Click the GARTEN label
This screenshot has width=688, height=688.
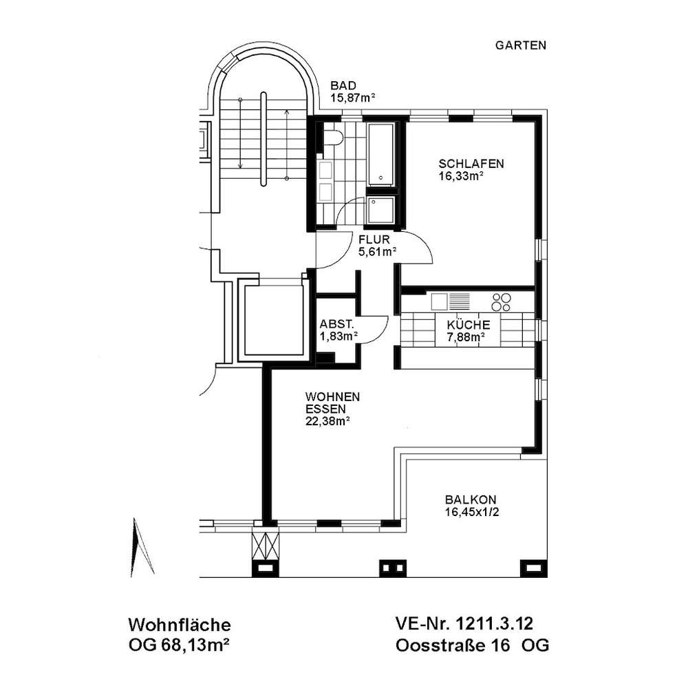click(520, 45)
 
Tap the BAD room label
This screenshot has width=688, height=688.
click(343, 85)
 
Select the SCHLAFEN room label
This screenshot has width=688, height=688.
click(471, 164)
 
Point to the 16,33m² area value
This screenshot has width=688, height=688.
click(461, 176)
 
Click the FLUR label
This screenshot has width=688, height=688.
click(374, 239)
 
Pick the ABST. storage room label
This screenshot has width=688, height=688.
click(336, 324)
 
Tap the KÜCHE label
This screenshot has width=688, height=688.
click(468, 325)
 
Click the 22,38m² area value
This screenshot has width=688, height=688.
click(327, 422)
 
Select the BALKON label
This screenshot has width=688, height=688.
click(471, 499)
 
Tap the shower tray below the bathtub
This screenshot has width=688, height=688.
click(381, 210)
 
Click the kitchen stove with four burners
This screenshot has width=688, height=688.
click(502, 302)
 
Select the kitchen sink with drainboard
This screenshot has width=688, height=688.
click(450, 301)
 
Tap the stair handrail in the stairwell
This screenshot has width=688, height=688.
click(264, 139)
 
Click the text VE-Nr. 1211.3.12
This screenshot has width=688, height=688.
click(464, 623)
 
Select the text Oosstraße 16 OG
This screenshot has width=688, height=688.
click(472, 645)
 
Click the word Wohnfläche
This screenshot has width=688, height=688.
click(179, 625)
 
